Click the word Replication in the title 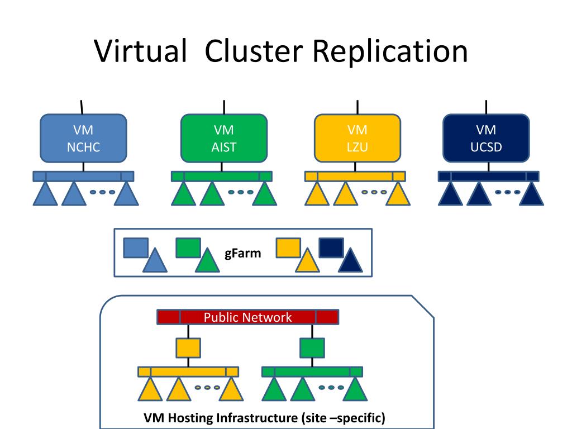[389, 51]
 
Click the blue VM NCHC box [83, 138]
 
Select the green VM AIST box [224, 138]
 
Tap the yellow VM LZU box [357, 138]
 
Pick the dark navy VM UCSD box [485, 138]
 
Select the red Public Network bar [247, 317]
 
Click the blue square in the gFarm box [135, 247]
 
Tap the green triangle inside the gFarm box [207, 261]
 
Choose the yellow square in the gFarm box [288, 247]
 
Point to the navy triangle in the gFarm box [350, 261]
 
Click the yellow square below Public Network [188, 348]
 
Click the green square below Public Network [312, 348]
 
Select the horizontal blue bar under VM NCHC [83, 176]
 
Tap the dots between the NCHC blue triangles [102, 192]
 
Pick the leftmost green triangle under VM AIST [183, 194]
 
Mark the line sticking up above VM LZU [357, 107]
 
